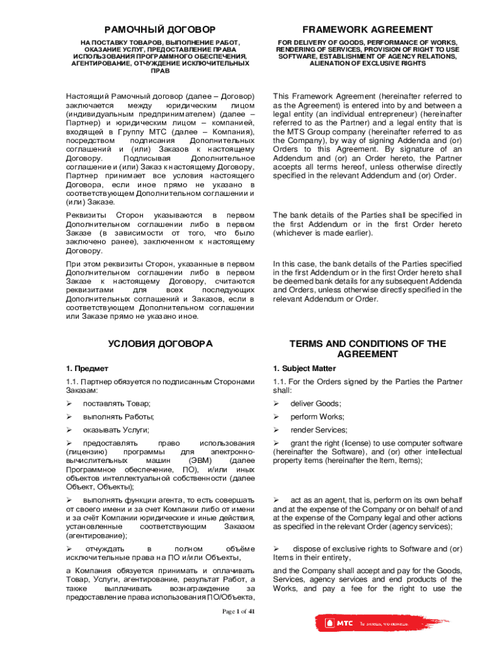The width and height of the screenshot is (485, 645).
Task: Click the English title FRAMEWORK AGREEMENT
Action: click(367, 30)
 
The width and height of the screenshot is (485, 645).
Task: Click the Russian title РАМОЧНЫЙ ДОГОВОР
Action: click(160, 30)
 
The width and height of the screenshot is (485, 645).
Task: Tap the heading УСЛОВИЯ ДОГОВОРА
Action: click(160, 344)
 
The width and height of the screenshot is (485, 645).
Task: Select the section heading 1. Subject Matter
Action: click(305, 368)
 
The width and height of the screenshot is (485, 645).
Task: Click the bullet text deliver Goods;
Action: click(316, 403)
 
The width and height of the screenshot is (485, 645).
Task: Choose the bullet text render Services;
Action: click(318, 430)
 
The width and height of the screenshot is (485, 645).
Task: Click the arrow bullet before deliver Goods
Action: click(276, 403)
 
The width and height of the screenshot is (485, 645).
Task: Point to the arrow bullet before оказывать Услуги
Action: click(69, 430)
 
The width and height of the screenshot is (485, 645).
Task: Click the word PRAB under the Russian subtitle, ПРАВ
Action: click(160, 71)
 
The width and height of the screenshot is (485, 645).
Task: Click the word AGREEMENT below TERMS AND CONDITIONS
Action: click(367, 355)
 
